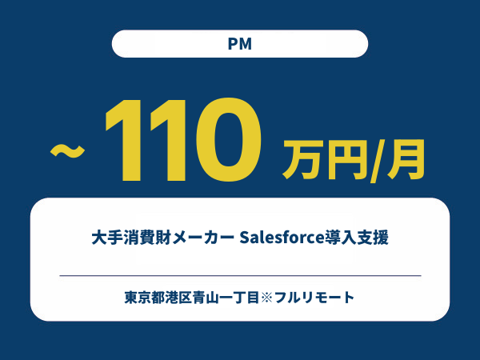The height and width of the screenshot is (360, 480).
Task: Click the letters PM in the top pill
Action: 240,44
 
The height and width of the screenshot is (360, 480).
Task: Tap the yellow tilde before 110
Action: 67,151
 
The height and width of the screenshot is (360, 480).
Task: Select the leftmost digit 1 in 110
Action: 124,139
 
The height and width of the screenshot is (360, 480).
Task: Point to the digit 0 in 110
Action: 229,139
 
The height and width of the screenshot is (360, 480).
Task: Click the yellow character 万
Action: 302,159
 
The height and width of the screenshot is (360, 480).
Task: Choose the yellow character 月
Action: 406,159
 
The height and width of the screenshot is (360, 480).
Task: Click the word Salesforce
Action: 282,238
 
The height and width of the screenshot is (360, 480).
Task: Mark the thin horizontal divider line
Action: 240,275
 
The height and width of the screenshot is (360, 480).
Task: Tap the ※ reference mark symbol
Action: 266,298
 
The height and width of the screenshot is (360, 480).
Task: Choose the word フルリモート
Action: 314,298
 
